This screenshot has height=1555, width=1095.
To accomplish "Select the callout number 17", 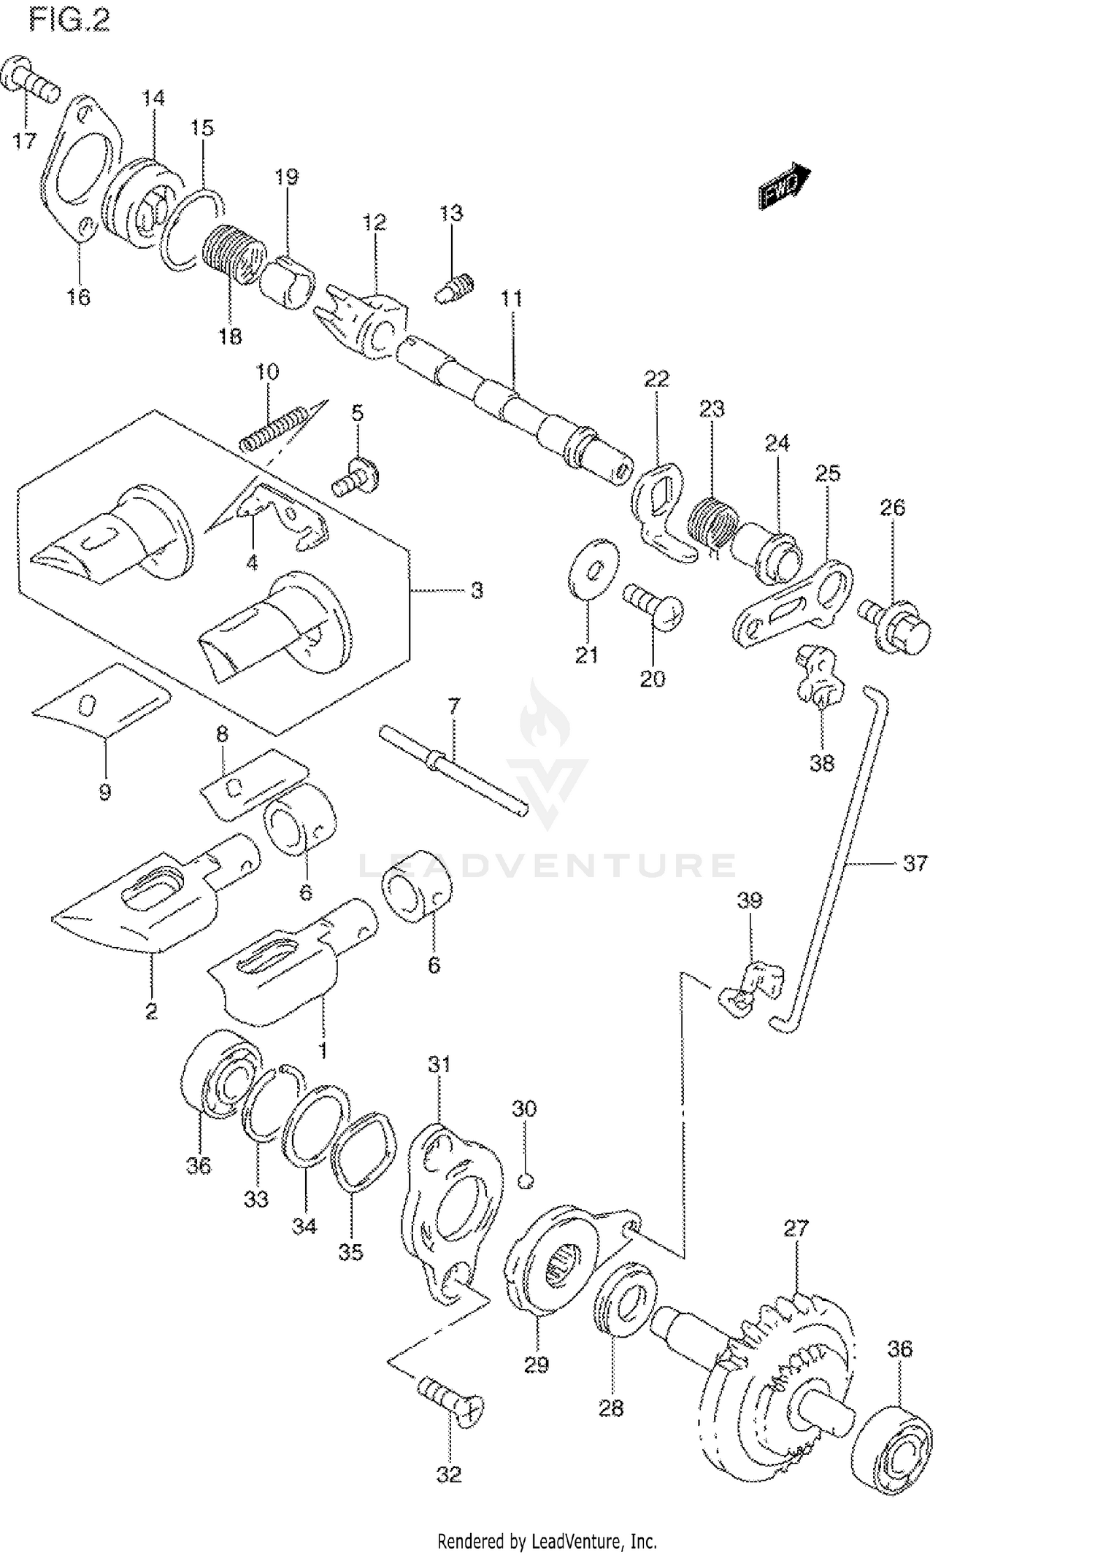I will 24,140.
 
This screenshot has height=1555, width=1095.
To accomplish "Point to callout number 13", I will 451,213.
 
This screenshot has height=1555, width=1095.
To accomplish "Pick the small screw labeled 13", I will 453,288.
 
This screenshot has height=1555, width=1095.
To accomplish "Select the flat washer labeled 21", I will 593,568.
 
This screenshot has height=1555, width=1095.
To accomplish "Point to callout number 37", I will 915,863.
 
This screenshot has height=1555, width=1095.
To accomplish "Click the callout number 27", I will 796,1228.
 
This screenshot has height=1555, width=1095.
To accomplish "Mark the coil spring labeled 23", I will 710,521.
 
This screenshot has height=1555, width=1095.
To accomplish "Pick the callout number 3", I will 476,590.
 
